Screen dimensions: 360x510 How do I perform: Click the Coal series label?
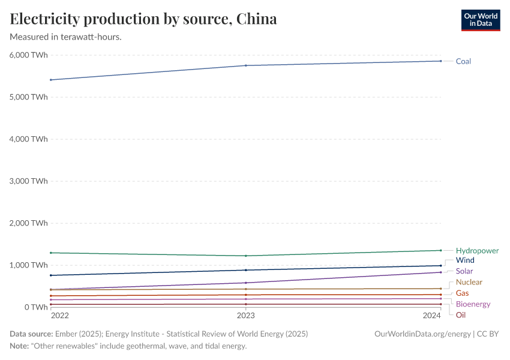pos(463,61)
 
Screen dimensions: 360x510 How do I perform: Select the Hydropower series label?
pos(477,251)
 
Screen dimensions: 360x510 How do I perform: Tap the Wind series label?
pos(465,260)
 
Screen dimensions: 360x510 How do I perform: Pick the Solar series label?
pos(464,271)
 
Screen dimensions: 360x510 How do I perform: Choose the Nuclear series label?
pos(469,282)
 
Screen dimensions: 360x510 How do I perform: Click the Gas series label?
pos(462,293)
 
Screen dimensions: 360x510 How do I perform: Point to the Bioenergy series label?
pos(473,304)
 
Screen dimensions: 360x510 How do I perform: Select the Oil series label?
pos(460,315)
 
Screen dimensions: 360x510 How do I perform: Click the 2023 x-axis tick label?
pos(246,316)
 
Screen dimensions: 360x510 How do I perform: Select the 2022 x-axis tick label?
pos(60,316)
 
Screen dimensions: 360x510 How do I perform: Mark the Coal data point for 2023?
pos(246,65)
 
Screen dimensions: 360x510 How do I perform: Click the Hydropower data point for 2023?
pos(246,256)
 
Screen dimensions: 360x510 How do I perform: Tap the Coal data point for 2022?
pos(51,80)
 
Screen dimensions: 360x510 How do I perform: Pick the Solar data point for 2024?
pos(440,272)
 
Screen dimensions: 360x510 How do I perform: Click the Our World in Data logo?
pos(480,20)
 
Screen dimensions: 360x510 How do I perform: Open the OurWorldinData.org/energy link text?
pos(422,334)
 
